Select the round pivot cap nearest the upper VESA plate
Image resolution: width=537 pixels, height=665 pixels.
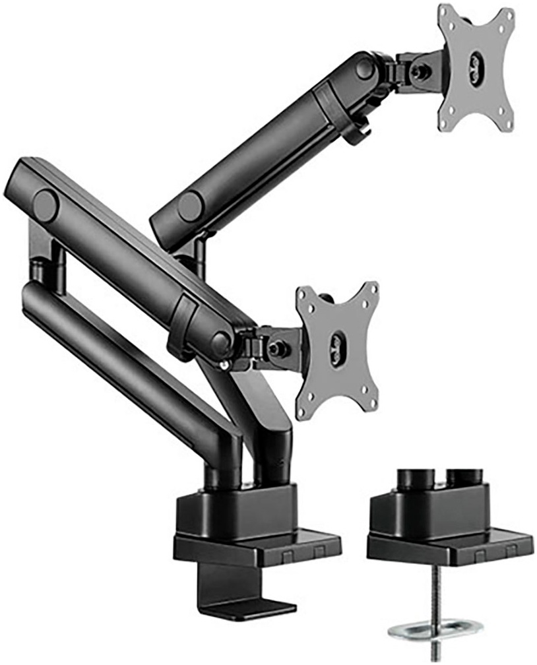364,67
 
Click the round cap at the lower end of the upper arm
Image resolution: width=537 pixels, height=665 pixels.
189,206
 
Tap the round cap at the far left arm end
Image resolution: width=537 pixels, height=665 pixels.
45,205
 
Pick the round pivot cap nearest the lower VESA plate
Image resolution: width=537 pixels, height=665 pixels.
221,341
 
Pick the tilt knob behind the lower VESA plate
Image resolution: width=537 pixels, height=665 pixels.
276,345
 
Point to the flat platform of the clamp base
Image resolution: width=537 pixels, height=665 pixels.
257,544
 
